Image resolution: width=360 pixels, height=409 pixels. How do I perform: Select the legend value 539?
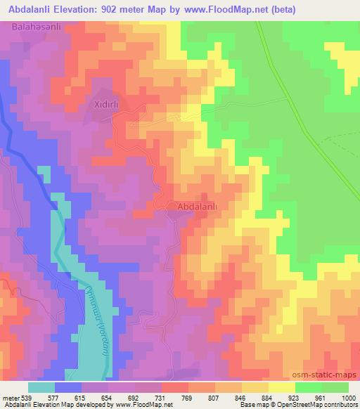pos(27,396)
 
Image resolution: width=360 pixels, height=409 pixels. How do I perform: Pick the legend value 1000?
pos(347,396)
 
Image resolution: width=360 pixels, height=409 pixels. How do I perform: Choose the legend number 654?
pos(108,396)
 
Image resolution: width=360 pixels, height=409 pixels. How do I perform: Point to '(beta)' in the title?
pos(280,9)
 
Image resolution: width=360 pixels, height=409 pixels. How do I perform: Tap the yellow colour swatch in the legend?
pos(281,387)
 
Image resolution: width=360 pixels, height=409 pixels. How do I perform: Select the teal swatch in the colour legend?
pos(41,387)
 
